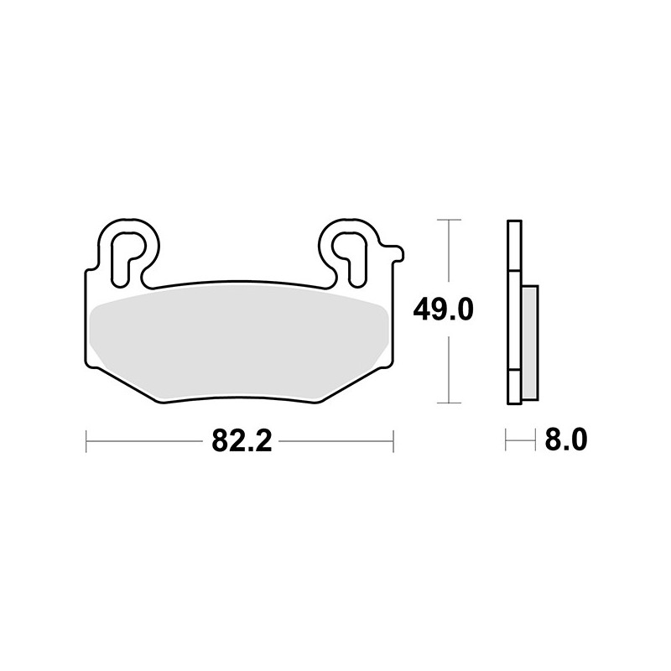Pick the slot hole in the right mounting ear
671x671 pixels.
(x=352, y=258)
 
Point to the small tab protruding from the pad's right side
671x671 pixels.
(x=393, y=253)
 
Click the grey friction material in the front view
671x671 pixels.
(x=239, y=345)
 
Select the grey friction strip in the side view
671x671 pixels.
(x=530, y=343)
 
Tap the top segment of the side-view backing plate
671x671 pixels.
(x=514, y=245)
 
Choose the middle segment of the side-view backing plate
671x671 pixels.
(x=514, y=320)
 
